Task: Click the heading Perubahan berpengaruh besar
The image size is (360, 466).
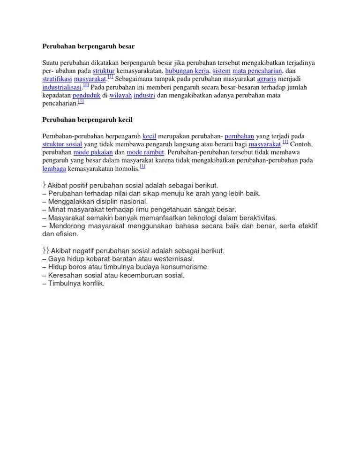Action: pos(89,46)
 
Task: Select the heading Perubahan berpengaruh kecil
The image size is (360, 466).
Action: pos(88,120)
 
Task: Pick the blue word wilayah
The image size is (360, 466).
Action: pos(120,95)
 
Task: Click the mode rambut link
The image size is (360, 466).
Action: pos(145,152)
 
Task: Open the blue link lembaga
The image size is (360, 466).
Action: pos(54,169)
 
